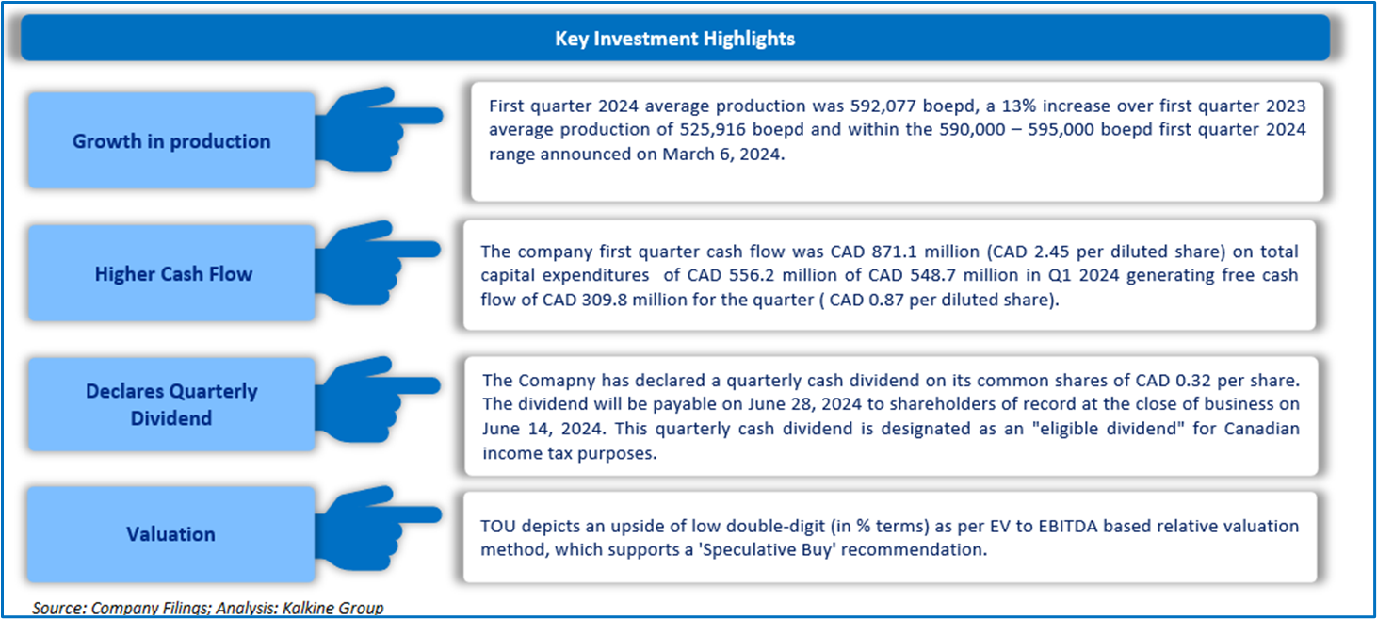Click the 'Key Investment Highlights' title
pos(674,39)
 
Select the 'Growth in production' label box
pos(171,141)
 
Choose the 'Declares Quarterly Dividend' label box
pos(171,404)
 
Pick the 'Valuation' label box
pos(171,534)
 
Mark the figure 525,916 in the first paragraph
pos(768,129)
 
